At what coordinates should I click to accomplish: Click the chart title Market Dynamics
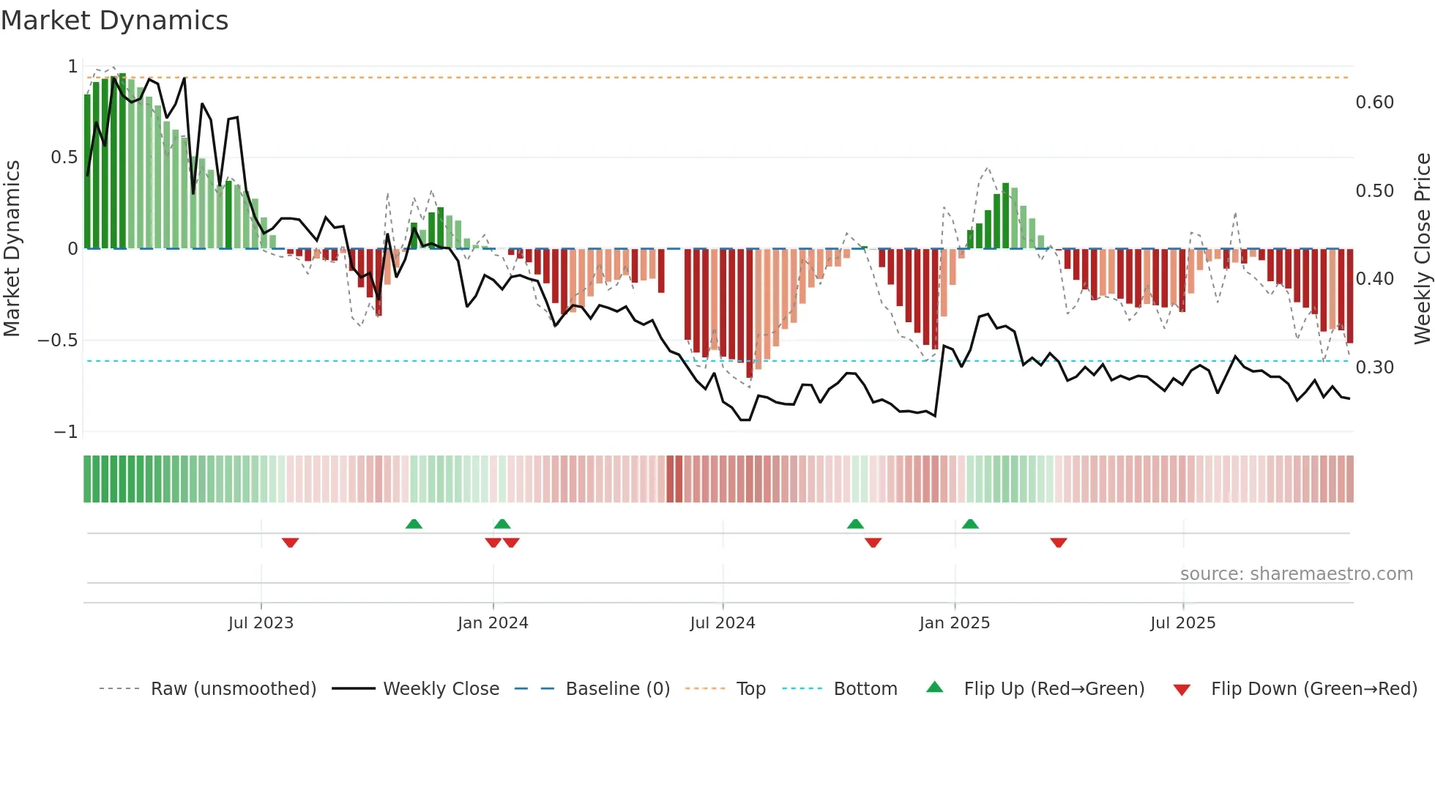pyautogui.click(x=114, y=21)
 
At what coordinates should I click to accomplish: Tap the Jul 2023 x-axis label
pyautogui.click(x=261, y=623)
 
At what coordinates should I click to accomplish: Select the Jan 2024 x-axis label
pyautogui.click(x=493, y=623)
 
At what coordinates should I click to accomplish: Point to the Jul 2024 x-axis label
pyautogui.click(x=722, y=623)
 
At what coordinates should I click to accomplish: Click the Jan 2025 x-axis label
pyautogui.click(x=954, y=623)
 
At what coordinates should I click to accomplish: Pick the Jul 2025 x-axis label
pyautogui.click(x=1182, y=623)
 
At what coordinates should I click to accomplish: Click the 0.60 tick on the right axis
pyautogui.click(x=1374, y=103)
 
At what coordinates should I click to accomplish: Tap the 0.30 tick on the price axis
pyautogui.click(x=1374, y=368)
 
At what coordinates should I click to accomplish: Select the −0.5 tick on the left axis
pyautogui.click(x=57, y=341)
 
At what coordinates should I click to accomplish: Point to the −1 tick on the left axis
pyautogui.click(x=65, y=432)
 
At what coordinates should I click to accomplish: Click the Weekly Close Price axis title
pyautogui.click(x=1422, y=248)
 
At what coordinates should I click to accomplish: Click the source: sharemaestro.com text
pyautogui.click(x=1296, y=574)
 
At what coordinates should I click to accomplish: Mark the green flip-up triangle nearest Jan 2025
pyautogui.click(x=970, y=524)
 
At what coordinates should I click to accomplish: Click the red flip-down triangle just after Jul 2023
pyautogui.click(x=290, y=543)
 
